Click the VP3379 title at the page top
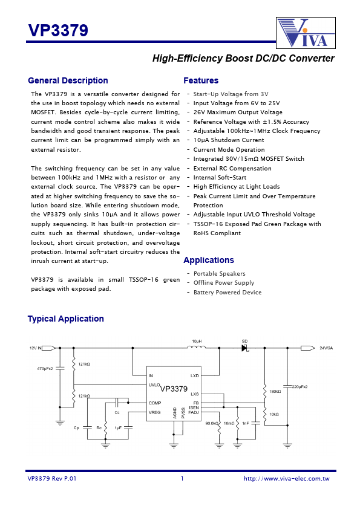[x=58, y=31]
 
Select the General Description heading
[x=68, y=80]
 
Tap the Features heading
[x=201, y=80]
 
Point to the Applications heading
[x=209, y=260]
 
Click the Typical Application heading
[x=66, y=319]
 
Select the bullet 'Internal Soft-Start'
[x=220, y=178]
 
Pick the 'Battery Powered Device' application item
[x=227, y=293]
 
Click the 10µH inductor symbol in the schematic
[x=197, y=348]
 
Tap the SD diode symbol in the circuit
[x=245, y=348]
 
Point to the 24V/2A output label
[x=326, y=348]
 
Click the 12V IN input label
[x=36, y=348]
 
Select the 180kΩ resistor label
[x=275, y=392]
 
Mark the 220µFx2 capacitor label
[x=299, y=386]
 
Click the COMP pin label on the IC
[x=155, y=403]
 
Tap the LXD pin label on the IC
[x=194, y=375]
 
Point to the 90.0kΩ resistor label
[x=211, y=423]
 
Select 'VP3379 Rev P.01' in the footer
[x=52, y=479]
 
